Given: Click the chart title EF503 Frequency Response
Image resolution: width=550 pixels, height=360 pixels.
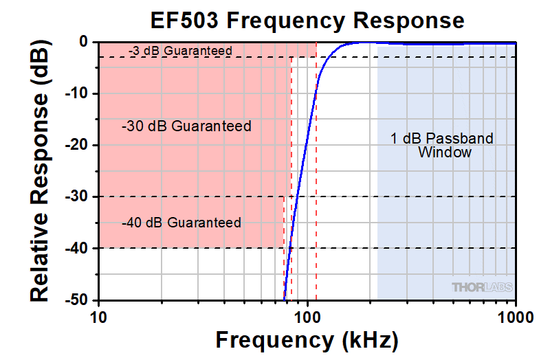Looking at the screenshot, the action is [x=307, y=21].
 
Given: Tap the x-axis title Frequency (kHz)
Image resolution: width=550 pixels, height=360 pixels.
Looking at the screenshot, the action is [x=307, y=340].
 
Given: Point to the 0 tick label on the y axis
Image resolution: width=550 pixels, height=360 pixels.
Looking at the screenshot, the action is [x=83, y=42].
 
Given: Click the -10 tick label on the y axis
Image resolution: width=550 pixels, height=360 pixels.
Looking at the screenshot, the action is [x=77, y=93].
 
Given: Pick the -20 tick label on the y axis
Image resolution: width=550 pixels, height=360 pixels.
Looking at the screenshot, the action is [x=77, y=145].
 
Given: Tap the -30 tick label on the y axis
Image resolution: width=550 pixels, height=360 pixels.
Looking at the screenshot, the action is [x=77, y=196].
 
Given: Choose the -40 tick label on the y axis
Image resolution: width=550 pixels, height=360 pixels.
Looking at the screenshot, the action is [x=77, y=248].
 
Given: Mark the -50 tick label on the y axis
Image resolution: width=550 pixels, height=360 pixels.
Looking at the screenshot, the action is [x=77, y=300].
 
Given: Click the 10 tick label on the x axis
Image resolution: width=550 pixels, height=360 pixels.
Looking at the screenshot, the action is [x=98, y=317].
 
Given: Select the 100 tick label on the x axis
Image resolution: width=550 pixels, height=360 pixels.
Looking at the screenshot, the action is [x=307, y=317].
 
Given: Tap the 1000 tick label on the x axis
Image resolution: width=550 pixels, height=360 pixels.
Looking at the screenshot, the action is [x=516, y=317].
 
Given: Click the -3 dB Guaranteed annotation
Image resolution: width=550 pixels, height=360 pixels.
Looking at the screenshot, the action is [x=180, y=51].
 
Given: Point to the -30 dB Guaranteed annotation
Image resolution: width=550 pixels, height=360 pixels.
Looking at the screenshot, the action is [x=186, y=126].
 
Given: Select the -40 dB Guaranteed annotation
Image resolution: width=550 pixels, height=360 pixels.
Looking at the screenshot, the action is [x=181, y=223].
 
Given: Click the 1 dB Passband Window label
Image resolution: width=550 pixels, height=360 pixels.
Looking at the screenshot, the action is [x=442, y=145].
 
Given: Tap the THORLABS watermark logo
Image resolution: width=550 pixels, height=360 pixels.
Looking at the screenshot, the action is [x=483, y=287].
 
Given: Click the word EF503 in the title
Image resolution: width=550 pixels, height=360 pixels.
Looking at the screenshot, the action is [x=184, y=21].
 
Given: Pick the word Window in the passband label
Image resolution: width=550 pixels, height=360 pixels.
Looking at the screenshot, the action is [x=445, y=152].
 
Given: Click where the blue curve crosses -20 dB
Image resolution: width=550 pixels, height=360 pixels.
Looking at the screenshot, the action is [x=305, y=145].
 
